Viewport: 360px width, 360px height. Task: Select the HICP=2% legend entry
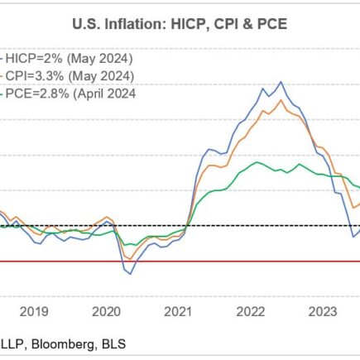67,60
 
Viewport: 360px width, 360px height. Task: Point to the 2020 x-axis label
107,312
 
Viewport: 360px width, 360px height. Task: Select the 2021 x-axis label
177,312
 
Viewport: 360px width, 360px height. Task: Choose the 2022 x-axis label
249,312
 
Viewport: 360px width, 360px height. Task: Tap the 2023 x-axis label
321,312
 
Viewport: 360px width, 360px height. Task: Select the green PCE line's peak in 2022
258,162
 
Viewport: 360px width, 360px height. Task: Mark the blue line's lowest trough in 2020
128,274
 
